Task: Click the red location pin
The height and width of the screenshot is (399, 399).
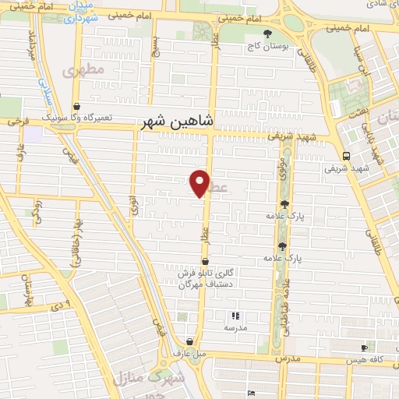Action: [x=200, y=183]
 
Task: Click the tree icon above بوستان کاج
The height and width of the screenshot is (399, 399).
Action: [x=268, y=34]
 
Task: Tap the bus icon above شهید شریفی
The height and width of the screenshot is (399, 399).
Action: [x=346, y=156]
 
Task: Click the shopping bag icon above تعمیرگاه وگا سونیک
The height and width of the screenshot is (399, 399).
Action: [x=76, y=107]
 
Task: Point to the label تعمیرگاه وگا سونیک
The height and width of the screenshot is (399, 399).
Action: [x=77, y=118]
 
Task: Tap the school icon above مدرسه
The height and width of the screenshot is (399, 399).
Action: [x=235, y=316]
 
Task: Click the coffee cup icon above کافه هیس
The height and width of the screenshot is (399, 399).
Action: [x=364, y=348]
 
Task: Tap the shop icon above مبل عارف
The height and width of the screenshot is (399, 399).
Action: [x=191, y=341]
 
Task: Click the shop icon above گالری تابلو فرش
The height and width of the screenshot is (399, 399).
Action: [x=205, y=262]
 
